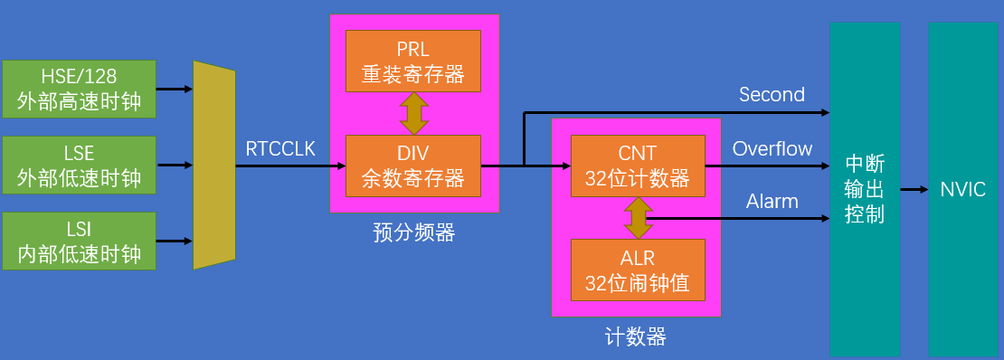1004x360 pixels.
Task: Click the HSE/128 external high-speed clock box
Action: tap(79, 89)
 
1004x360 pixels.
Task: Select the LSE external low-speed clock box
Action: tap(79, 166)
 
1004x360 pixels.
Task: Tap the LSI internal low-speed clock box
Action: tap(79, 242)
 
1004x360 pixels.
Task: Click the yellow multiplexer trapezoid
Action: tap(213, 166)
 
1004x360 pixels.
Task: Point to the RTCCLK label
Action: tap(280, 149)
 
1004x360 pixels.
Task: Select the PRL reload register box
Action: tap(413, 62)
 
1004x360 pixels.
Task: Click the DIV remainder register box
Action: tap(413, 166)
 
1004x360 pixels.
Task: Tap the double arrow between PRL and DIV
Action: tap(413, 113)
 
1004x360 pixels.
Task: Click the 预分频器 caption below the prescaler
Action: tap(413, 233)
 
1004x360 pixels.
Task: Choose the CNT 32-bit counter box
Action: tap(638, 166)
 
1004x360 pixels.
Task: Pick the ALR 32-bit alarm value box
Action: tap(638, 270)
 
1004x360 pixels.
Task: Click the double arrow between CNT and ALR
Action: tap(638, 218)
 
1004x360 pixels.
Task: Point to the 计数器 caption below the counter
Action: tap(635, 338)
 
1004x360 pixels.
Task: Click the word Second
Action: tap(772, 95)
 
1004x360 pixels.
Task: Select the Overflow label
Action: tap(772, 149)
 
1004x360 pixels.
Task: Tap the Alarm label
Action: tap(772, 202)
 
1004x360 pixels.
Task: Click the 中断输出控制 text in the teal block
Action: tap(865, 190)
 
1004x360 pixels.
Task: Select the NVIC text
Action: tap(962, 190)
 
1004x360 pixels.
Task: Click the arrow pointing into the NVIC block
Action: tap(914, 190)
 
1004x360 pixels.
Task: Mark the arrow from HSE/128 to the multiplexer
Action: tap(175, 90)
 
